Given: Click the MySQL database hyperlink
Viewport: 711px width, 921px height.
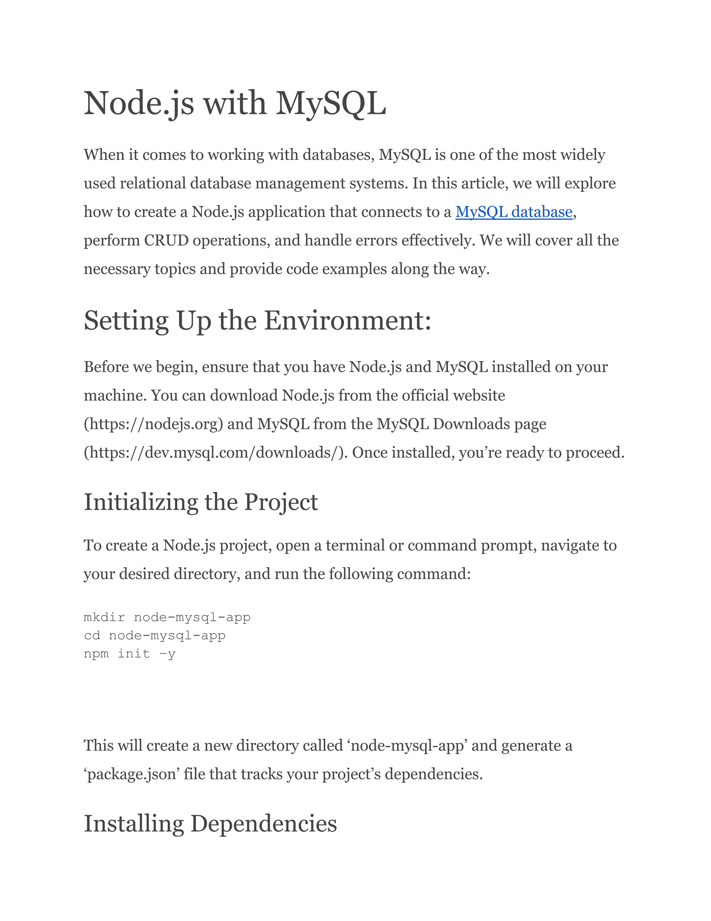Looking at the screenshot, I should point(513,212).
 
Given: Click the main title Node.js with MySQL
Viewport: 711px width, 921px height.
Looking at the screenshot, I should point(235,103).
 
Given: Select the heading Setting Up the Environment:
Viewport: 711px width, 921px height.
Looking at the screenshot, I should point(257,320).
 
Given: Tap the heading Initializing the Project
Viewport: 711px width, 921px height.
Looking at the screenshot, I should point(201,502).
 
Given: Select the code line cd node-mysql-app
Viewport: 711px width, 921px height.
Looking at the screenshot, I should point(154,636).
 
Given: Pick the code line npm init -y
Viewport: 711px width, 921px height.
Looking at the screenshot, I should point(129,654).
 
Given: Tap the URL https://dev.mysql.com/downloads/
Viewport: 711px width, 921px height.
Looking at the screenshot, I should point(215,453).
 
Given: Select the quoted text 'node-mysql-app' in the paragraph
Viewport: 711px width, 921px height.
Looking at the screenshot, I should point(407,745).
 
